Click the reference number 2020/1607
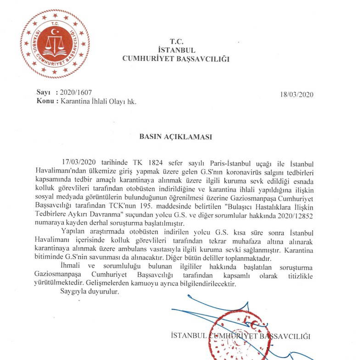(75, 93)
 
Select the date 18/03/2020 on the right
(296, 95)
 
